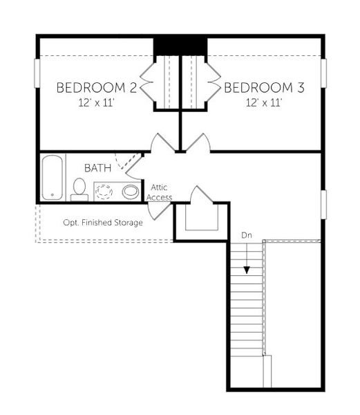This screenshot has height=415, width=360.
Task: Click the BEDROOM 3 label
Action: (264, 88)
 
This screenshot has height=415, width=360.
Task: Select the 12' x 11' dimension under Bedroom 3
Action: (264, 103)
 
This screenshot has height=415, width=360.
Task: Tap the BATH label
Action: (97, 168)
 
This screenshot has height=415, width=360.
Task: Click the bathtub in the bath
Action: (52, 177)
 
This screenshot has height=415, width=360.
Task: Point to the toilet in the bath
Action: (79, 188)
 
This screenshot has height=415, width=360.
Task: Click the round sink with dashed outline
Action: (105, 190)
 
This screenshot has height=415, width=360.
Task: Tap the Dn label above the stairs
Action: (247, 235)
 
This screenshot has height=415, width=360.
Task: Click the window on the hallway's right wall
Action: (323, 205)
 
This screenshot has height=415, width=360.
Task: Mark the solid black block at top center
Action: (180, 46)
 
